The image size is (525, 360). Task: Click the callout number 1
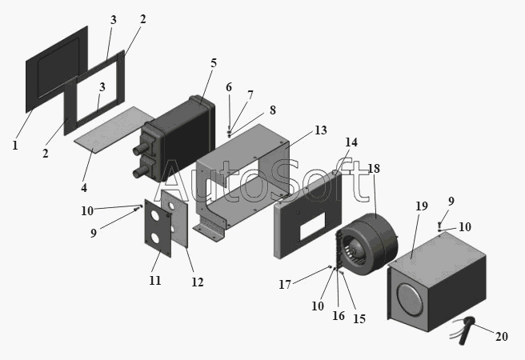coord(14,146)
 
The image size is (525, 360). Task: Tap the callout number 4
coord(83,188)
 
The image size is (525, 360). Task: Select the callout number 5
coord(214,63)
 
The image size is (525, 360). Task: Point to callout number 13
coord(298,130)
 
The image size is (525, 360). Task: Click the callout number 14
coord(351,142)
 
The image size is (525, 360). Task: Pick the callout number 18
coord(373,169)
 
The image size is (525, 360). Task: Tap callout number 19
coord(421,206)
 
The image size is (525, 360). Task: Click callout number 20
coord(501,336)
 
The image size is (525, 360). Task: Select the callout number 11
coord(155,280)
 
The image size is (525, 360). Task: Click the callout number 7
coord(250,95)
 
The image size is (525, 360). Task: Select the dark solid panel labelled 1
coord(54,72)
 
